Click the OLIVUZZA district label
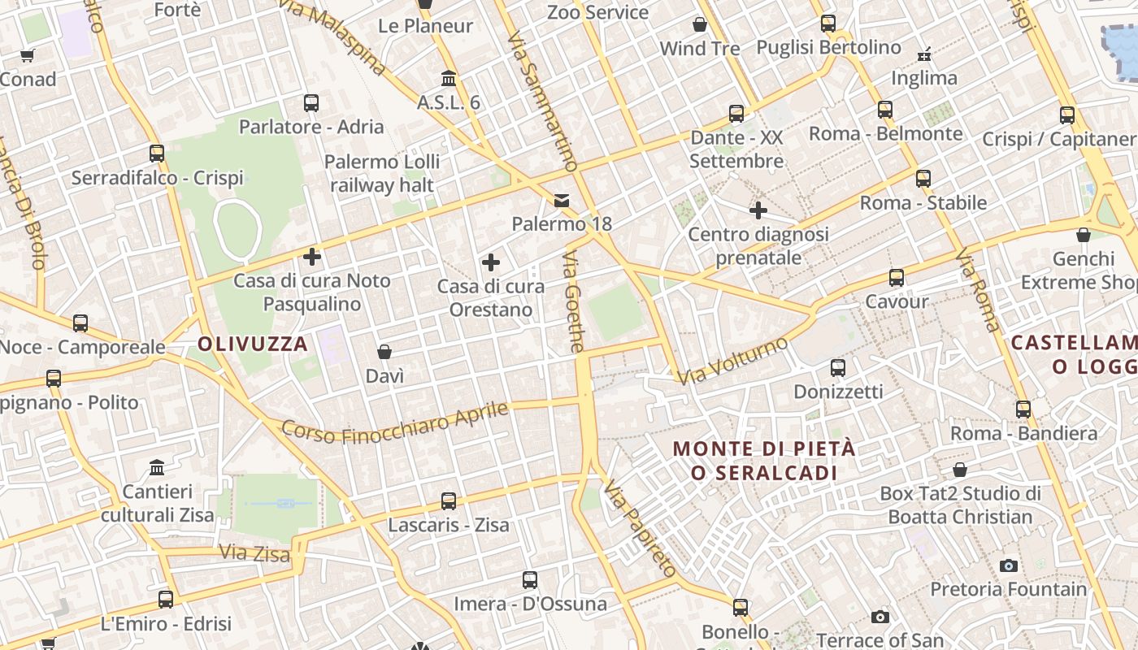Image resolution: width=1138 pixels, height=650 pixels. [253, 344]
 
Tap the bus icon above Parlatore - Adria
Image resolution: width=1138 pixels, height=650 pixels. [311, 103]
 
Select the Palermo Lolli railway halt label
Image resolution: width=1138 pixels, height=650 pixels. [379, 173]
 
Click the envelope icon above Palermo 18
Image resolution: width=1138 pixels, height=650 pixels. [562, 200]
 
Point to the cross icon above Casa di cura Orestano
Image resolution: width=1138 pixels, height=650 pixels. [491, 262]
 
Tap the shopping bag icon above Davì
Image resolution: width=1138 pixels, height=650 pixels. [384, 352]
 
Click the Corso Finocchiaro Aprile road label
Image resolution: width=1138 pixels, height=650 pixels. [395, 423]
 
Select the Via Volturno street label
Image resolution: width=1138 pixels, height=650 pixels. [733, 360]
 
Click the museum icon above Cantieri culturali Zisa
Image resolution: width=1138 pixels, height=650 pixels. [158, 468]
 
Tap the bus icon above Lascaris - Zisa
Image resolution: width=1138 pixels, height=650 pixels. [449, 501]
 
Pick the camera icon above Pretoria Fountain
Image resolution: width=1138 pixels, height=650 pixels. [1009, 565]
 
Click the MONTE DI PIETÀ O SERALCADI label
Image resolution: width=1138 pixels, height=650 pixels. [764, 460]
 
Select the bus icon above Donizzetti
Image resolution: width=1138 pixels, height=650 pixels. [838, 368]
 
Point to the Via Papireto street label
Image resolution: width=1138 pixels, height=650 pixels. [640, 530]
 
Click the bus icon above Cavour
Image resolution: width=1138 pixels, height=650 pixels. [897, 278]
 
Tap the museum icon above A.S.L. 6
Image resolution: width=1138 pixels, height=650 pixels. [449, 79]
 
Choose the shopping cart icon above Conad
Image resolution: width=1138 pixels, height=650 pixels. [28, 55]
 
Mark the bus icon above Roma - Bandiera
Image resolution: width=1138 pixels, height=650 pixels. [1023, 409]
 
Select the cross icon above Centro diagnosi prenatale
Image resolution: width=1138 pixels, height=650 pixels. [758, 210]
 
